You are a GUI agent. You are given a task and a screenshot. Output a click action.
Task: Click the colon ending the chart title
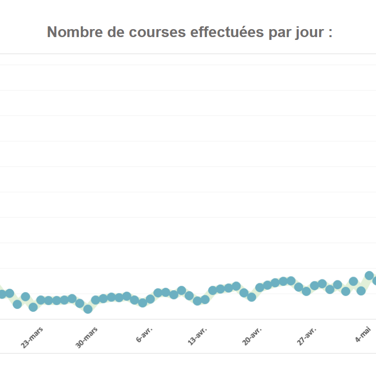[330, 33]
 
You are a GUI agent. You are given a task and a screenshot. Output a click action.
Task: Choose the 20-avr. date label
[252, 337]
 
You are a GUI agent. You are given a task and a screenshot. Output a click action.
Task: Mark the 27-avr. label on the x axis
[307, 337]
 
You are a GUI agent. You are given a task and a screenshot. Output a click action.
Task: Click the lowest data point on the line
[87, 309]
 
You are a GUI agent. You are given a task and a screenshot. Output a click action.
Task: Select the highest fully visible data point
[369, 276]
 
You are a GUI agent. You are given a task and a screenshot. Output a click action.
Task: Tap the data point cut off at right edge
[375, 280]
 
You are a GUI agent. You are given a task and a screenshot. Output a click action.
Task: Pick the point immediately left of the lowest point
[80, 303]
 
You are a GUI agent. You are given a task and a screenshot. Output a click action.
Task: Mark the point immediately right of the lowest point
[95, 300]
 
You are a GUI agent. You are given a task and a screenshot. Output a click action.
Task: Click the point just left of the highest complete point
[361, 291]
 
